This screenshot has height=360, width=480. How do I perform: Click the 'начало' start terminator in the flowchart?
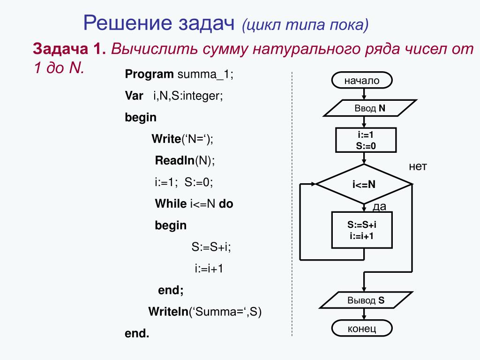point(361,81)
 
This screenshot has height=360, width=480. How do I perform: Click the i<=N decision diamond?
point(364,184)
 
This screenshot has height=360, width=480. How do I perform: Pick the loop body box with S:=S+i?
point(361,230)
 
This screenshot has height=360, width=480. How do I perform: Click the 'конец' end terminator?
point(362,329)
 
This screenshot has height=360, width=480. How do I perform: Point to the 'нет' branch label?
point(418,167)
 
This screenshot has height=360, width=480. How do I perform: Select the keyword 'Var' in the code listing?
point(134,96)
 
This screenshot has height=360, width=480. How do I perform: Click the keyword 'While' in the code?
point(171,204)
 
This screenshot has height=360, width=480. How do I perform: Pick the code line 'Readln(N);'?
point(185,160)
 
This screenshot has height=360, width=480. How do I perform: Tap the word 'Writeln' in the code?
point(168,312)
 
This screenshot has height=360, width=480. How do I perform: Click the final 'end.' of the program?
point(136,333)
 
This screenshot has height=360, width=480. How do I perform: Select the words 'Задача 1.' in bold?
point(69,49)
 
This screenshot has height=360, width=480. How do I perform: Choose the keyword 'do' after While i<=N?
point(226,204)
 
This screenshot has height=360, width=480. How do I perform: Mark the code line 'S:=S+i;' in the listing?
point(211,247)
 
